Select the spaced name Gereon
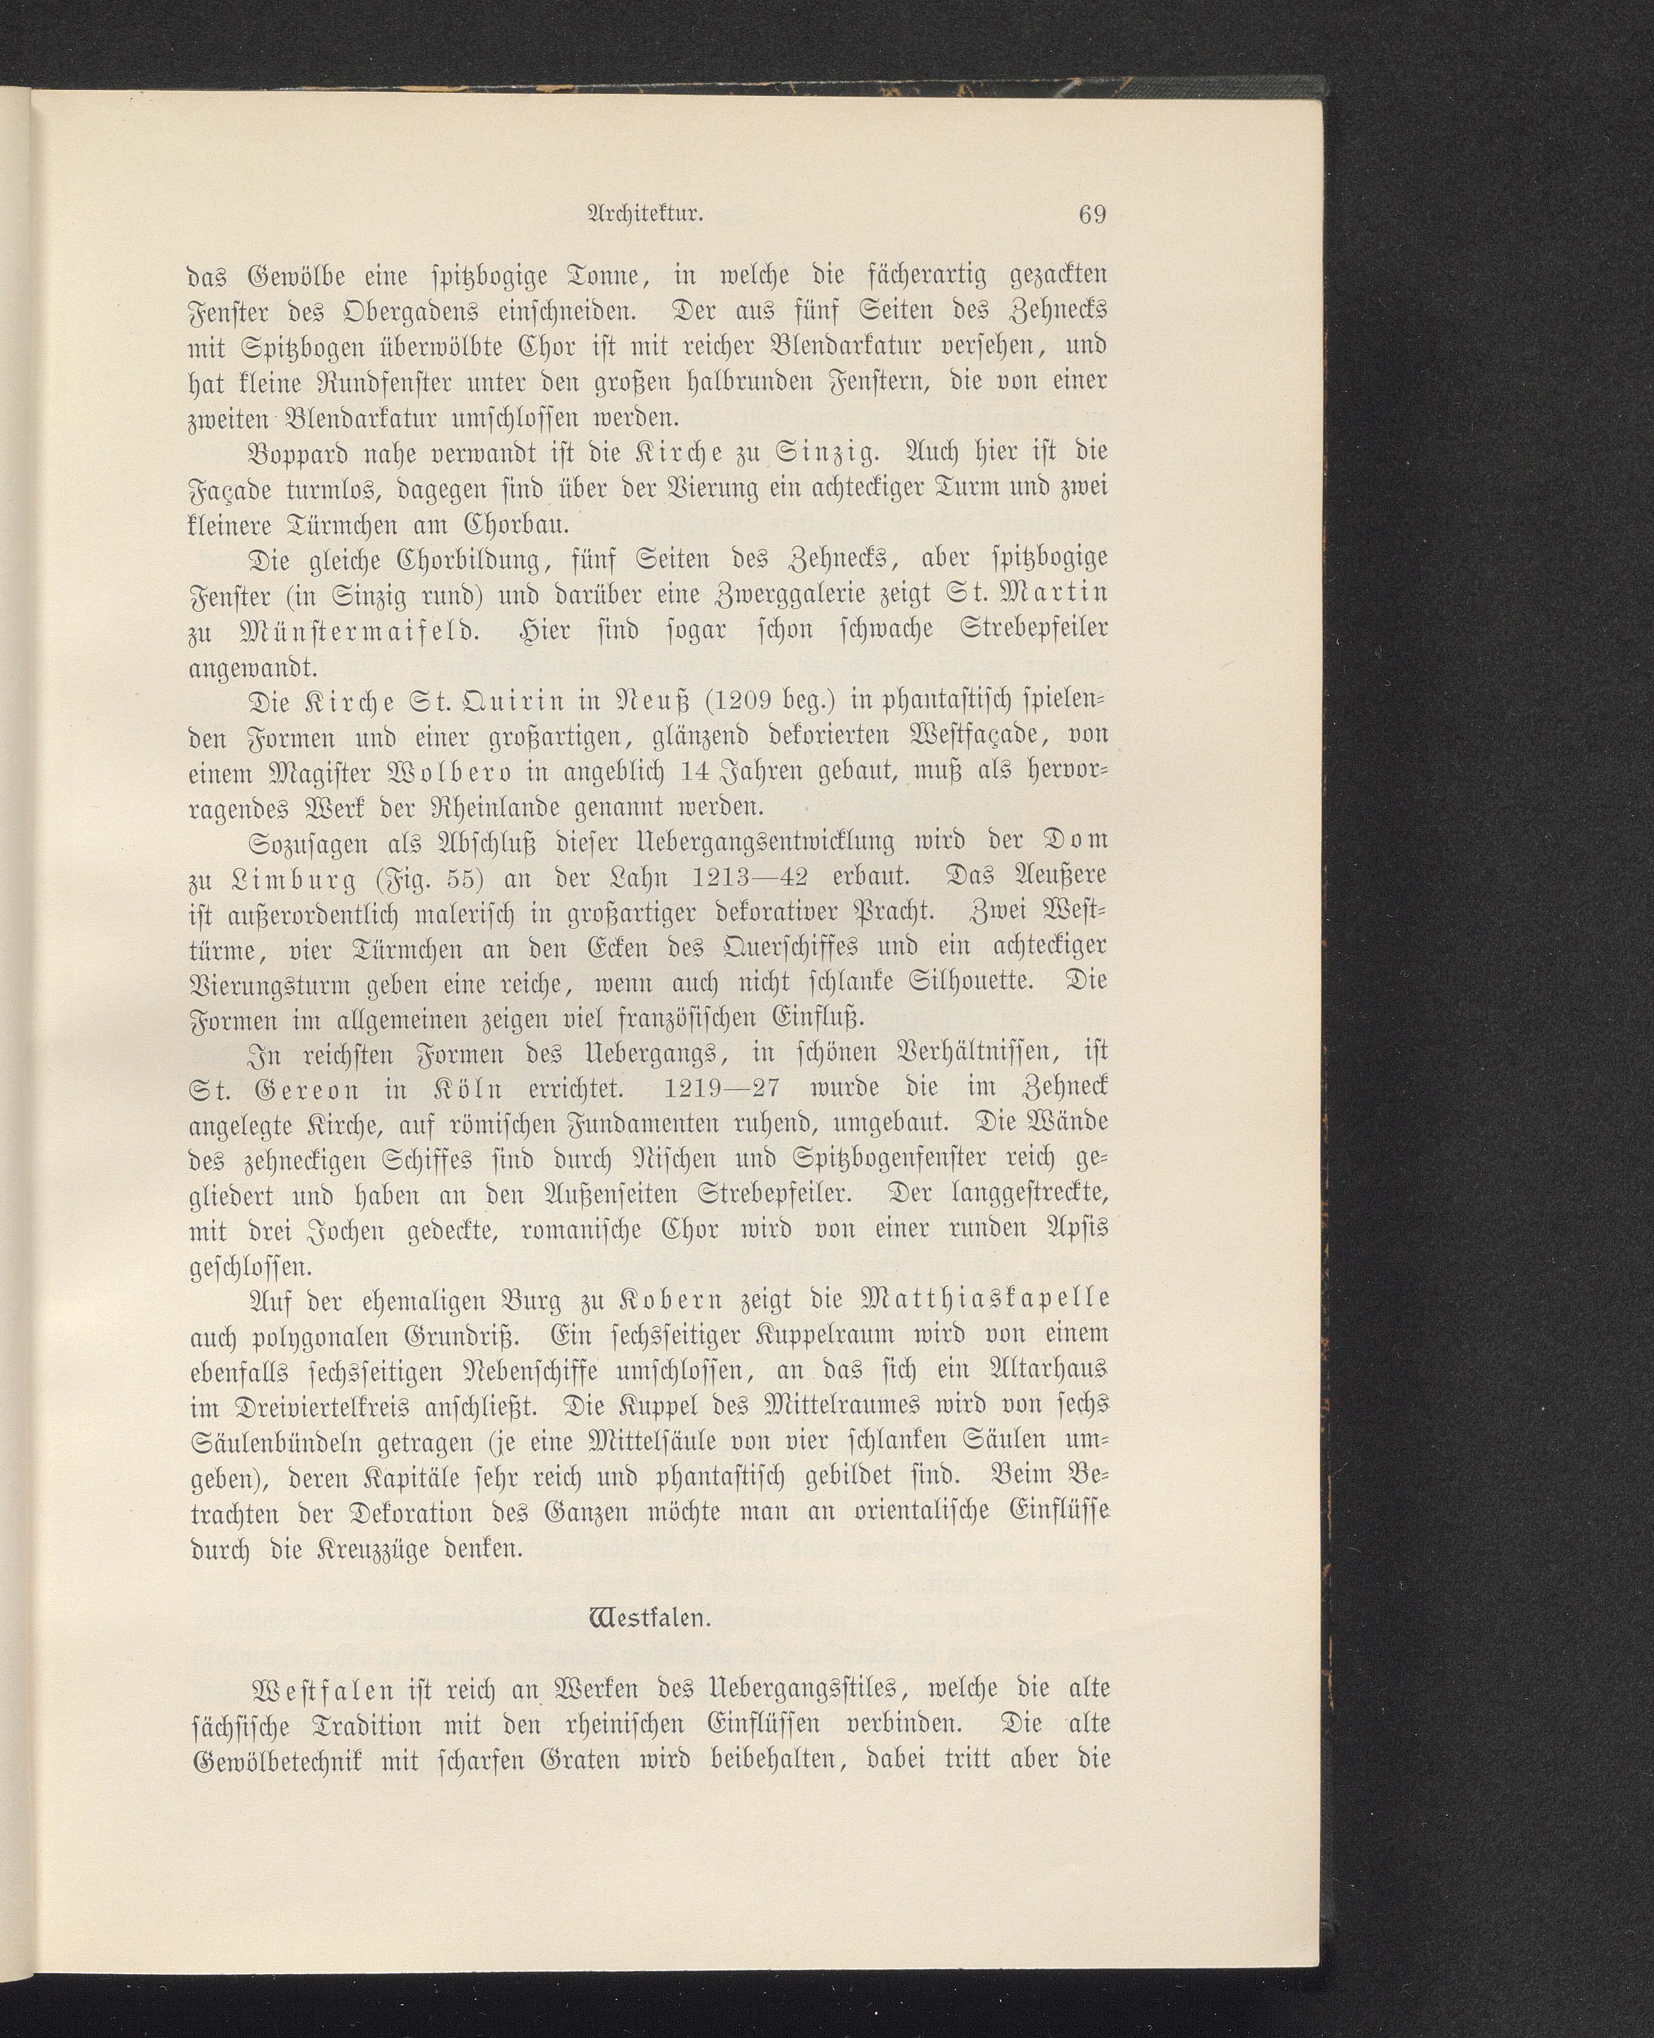293,1087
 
